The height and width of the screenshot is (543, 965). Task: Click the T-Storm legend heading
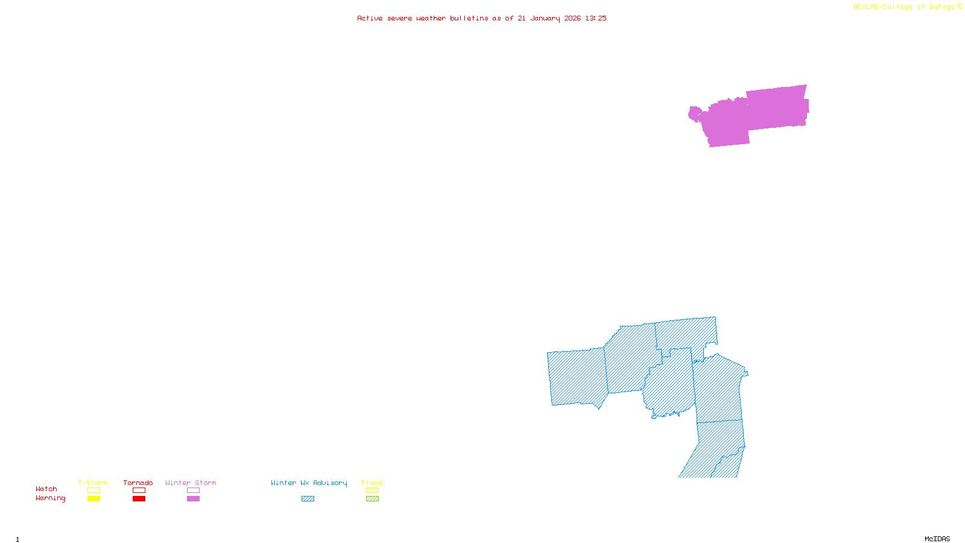(93, 483)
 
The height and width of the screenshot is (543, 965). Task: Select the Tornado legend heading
(138, 483)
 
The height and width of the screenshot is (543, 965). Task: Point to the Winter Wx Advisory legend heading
(309, 483)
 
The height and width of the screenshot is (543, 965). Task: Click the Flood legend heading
(372, 483)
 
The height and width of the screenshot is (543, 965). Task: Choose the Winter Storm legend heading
(191, 483)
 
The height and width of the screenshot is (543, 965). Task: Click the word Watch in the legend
(46, 489)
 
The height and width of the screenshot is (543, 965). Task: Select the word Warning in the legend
(51, 498)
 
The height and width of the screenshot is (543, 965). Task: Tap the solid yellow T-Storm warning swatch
(93, 499)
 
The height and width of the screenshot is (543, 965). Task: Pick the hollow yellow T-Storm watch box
(93, 491)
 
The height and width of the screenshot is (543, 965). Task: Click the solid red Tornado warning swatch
(139, 499)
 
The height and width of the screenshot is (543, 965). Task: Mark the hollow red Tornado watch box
(139, 491)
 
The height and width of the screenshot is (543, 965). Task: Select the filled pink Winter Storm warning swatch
(193, 499)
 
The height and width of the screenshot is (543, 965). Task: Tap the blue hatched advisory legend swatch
(308, 499)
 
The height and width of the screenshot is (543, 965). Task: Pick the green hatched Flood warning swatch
(373, 499)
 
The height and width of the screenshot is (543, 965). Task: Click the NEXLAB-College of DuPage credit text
(904, 7)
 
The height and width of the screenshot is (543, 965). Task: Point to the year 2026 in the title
(572, 18)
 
